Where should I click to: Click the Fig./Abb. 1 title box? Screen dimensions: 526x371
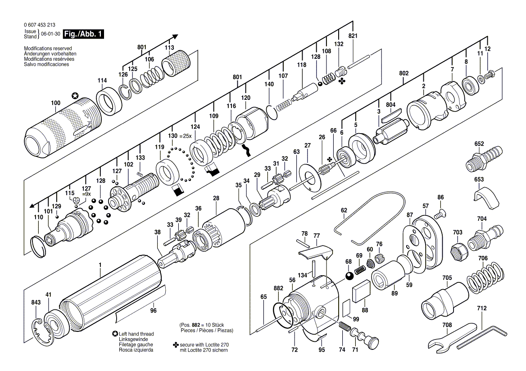[83, 34]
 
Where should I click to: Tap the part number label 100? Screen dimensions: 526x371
[56, 103]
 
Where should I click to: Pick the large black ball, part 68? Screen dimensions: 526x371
[349, 276]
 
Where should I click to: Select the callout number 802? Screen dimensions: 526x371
[404, 73]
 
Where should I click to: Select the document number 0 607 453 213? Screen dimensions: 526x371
[40, 25]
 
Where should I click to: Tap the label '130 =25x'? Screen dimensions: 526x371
[180, 136]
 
